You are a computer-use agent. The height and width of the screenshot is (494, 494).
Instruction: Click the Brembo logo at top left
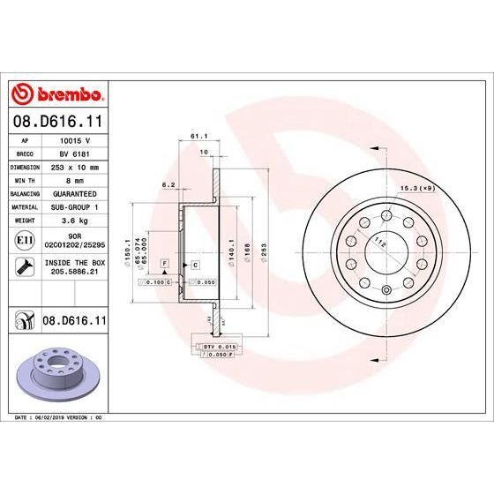57,94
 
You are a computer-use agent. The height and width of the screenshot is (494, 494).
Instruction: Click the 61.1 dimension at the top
198,137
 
